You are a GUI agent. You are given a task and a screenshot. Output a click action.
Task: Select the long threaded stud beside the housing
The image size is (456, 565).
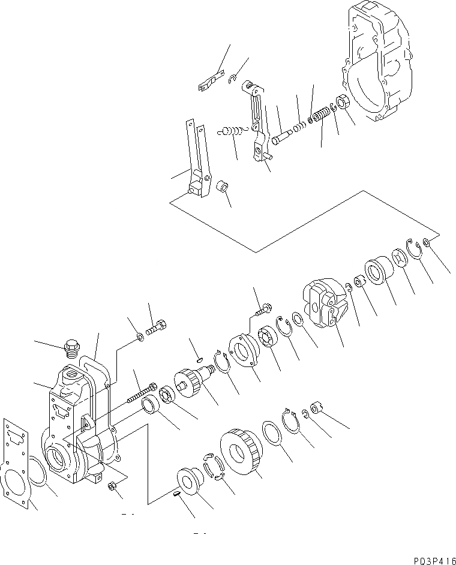[142, 394]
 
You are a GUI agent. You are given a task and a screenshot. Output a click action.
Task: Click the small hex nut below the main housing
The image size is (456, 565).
[112, 486]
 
